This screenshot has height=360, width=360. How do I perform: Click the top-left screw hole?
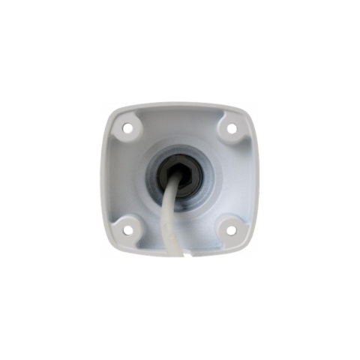click(127, 127)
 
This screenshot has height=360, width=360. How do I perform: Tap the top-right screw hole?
click(232, 128)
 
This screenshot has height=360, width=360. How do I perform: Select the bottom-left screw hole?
click(129, 226)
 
